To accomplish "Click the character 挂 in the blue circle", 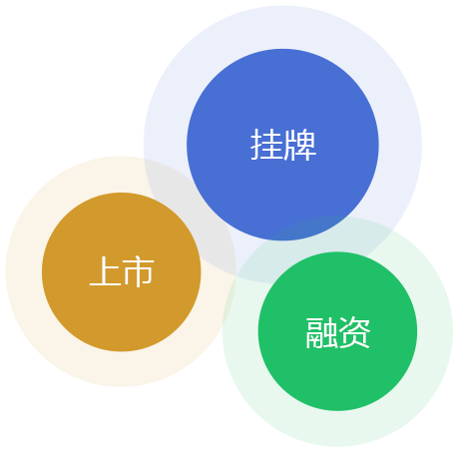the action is pyautogui.click(x=266, y=145).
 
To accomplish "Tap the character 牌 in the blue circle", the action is pyautogui.click(x=299, y=145).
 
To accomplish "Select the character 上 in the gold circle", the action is pyautogui.click(x=105, y=271).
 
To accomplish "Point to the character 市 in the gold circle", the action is pyautogui.click(x=139, y=271).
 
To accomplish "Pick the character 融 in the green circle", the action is pyautogui.click(x=321, y=332).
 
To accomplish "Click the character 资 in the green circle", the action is pyautogui.click(x=354, y=332).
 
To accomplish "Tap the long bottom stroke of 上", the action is pyautogui.click(x=105, y=284).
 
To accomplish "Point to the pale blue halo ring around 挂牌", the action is pyautogui.click(x=282, y=27).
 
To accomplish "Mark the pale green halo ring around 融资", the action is pyautogui.click(x=337, y=429).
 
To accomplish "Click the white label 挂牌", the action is pyautogui.click(x=283, y=145).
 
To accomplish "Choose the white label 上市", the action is pyautogui.click(x=122, y=271).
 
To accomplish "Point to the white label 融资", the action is pyautogui.click(x=338, y=332).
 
